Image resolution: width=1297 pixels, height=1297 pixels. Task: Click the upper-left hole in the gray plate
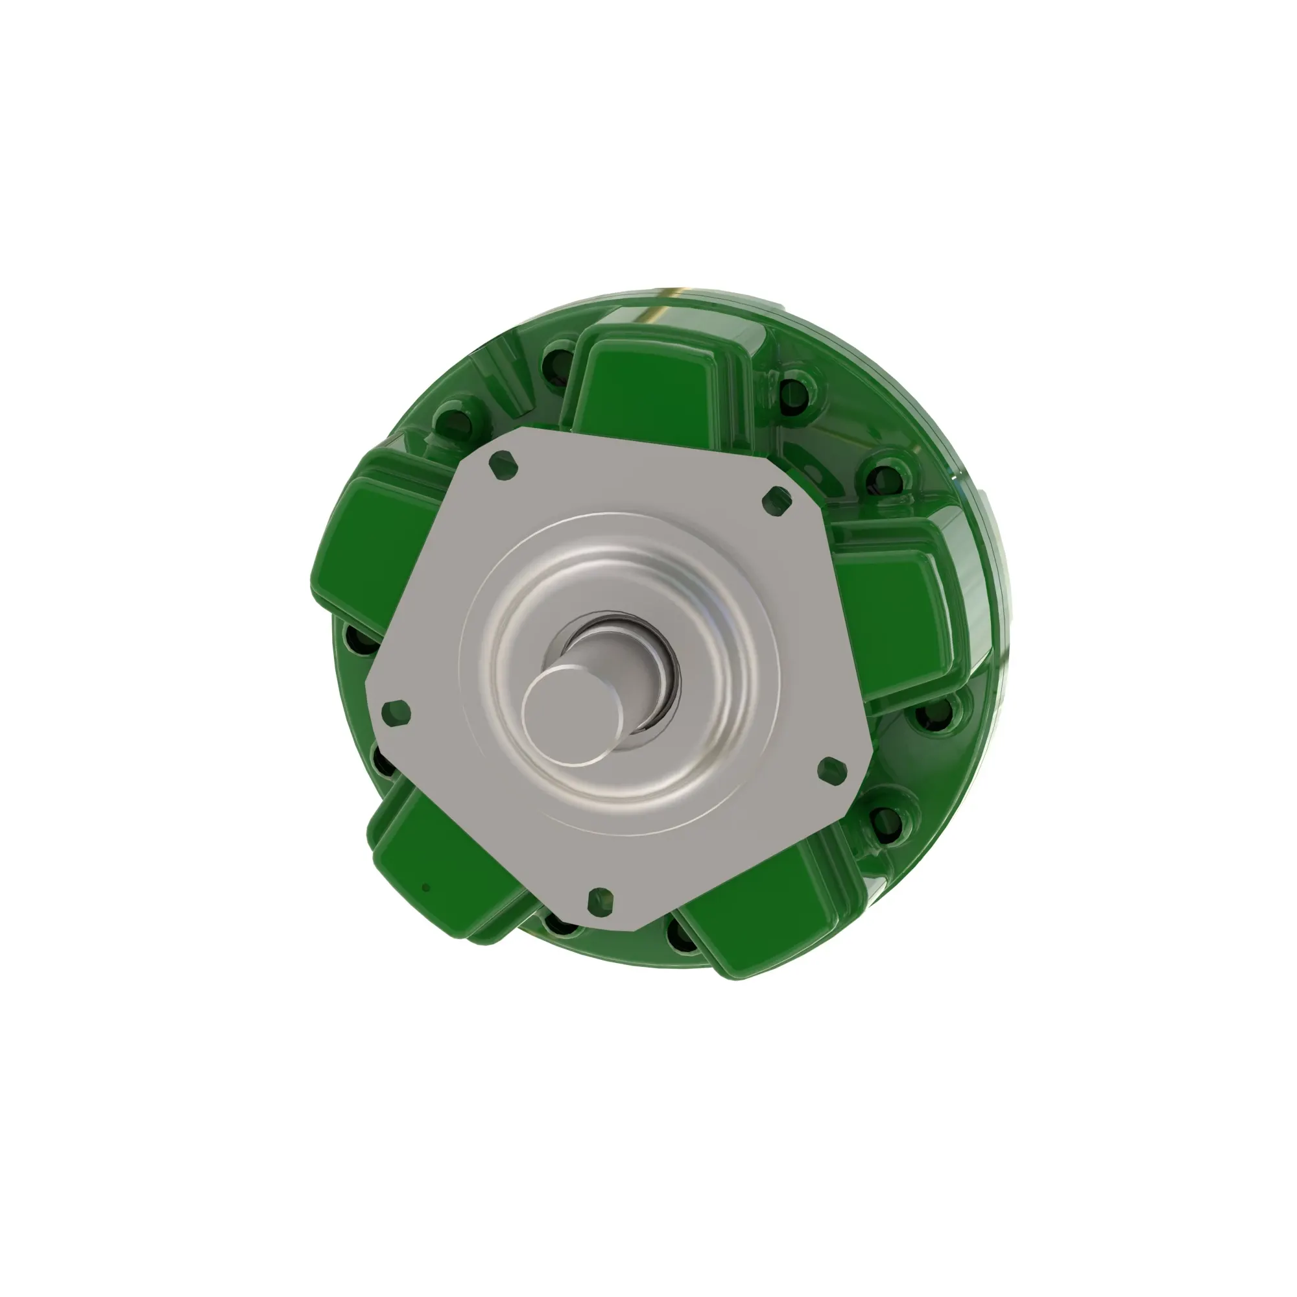pyautogui.click(x=503, y=465)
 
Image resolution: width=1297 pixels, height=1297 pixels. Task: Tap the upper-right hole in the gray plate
pyautogui.click(x=778, y=500)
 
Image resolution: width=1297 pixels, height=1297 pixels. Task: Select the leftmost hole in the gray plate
pyautogui.click(x=396, y=713)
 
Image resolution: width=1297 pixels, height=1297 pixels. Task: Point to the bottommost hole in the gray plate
pyautogui.click(x=600, y=901)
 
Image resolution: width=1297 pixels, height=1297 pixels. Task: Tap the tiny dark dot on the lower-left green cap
pyautogui.click(x=425, y=888)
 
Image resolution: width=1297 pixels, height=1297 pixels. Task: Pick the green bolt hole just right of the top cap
pyautogui.click(x=794, y=393)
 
